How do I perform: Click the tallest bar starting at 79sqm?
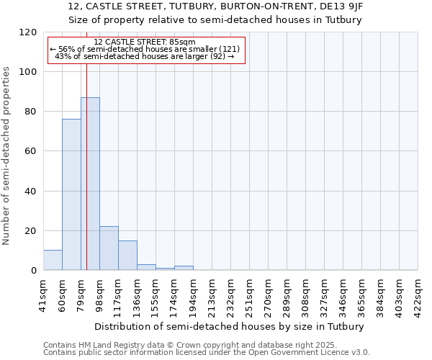coord(90,184)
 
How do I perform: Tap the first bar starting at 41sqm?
coord(53,260)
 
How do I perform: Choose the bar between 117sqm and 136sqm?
coord(127,256)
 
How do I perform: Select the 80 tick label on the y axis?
coord(30,112)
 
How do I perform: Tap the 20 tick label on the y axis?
coord(30,231)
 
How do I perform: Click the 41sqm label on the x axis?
coord(44,292)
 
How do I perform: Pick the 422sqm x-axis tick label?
coord(418,292)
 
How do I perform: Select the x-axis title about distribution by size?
coord(229,326)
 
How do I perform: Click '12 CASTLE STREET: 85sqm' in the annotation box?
coord(145,42)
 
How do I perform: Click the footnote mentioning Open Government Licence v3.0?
coord(207,353)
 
